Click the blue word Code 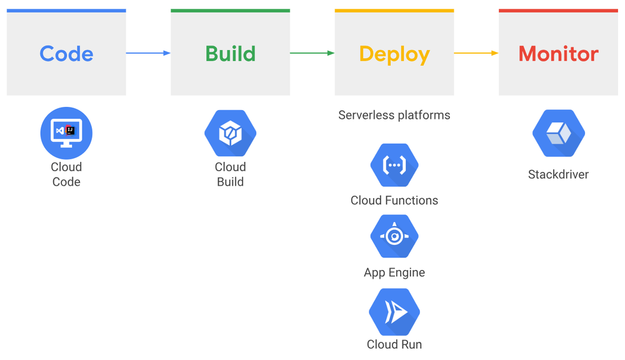(66, 54)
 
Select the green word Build (230, 54)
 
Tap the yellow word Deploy (394, 54)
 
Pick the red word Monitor (558, 54)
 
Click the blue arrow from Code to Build (148, 53)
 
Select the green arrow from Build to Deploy (312, 53)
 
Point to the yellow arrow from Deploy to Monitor (476, 53)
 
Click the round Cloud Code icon (66, 133)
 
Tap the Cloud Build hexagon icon (230, 133)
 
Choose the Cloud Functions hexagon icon (394, 166)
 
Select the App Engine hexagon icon (394, 237)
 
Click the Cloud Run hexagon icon (394, 311)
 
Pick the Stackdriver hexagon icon (558, 133)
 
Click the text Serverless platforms (394, 115)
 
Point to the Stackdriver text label (558, 174)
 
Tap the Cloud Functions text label (394, 201)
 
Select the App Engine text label (394, 272)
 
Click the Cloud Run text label (394, 344)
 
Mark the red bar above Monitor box (558, 11)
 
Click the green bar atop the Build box (230, 11)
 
